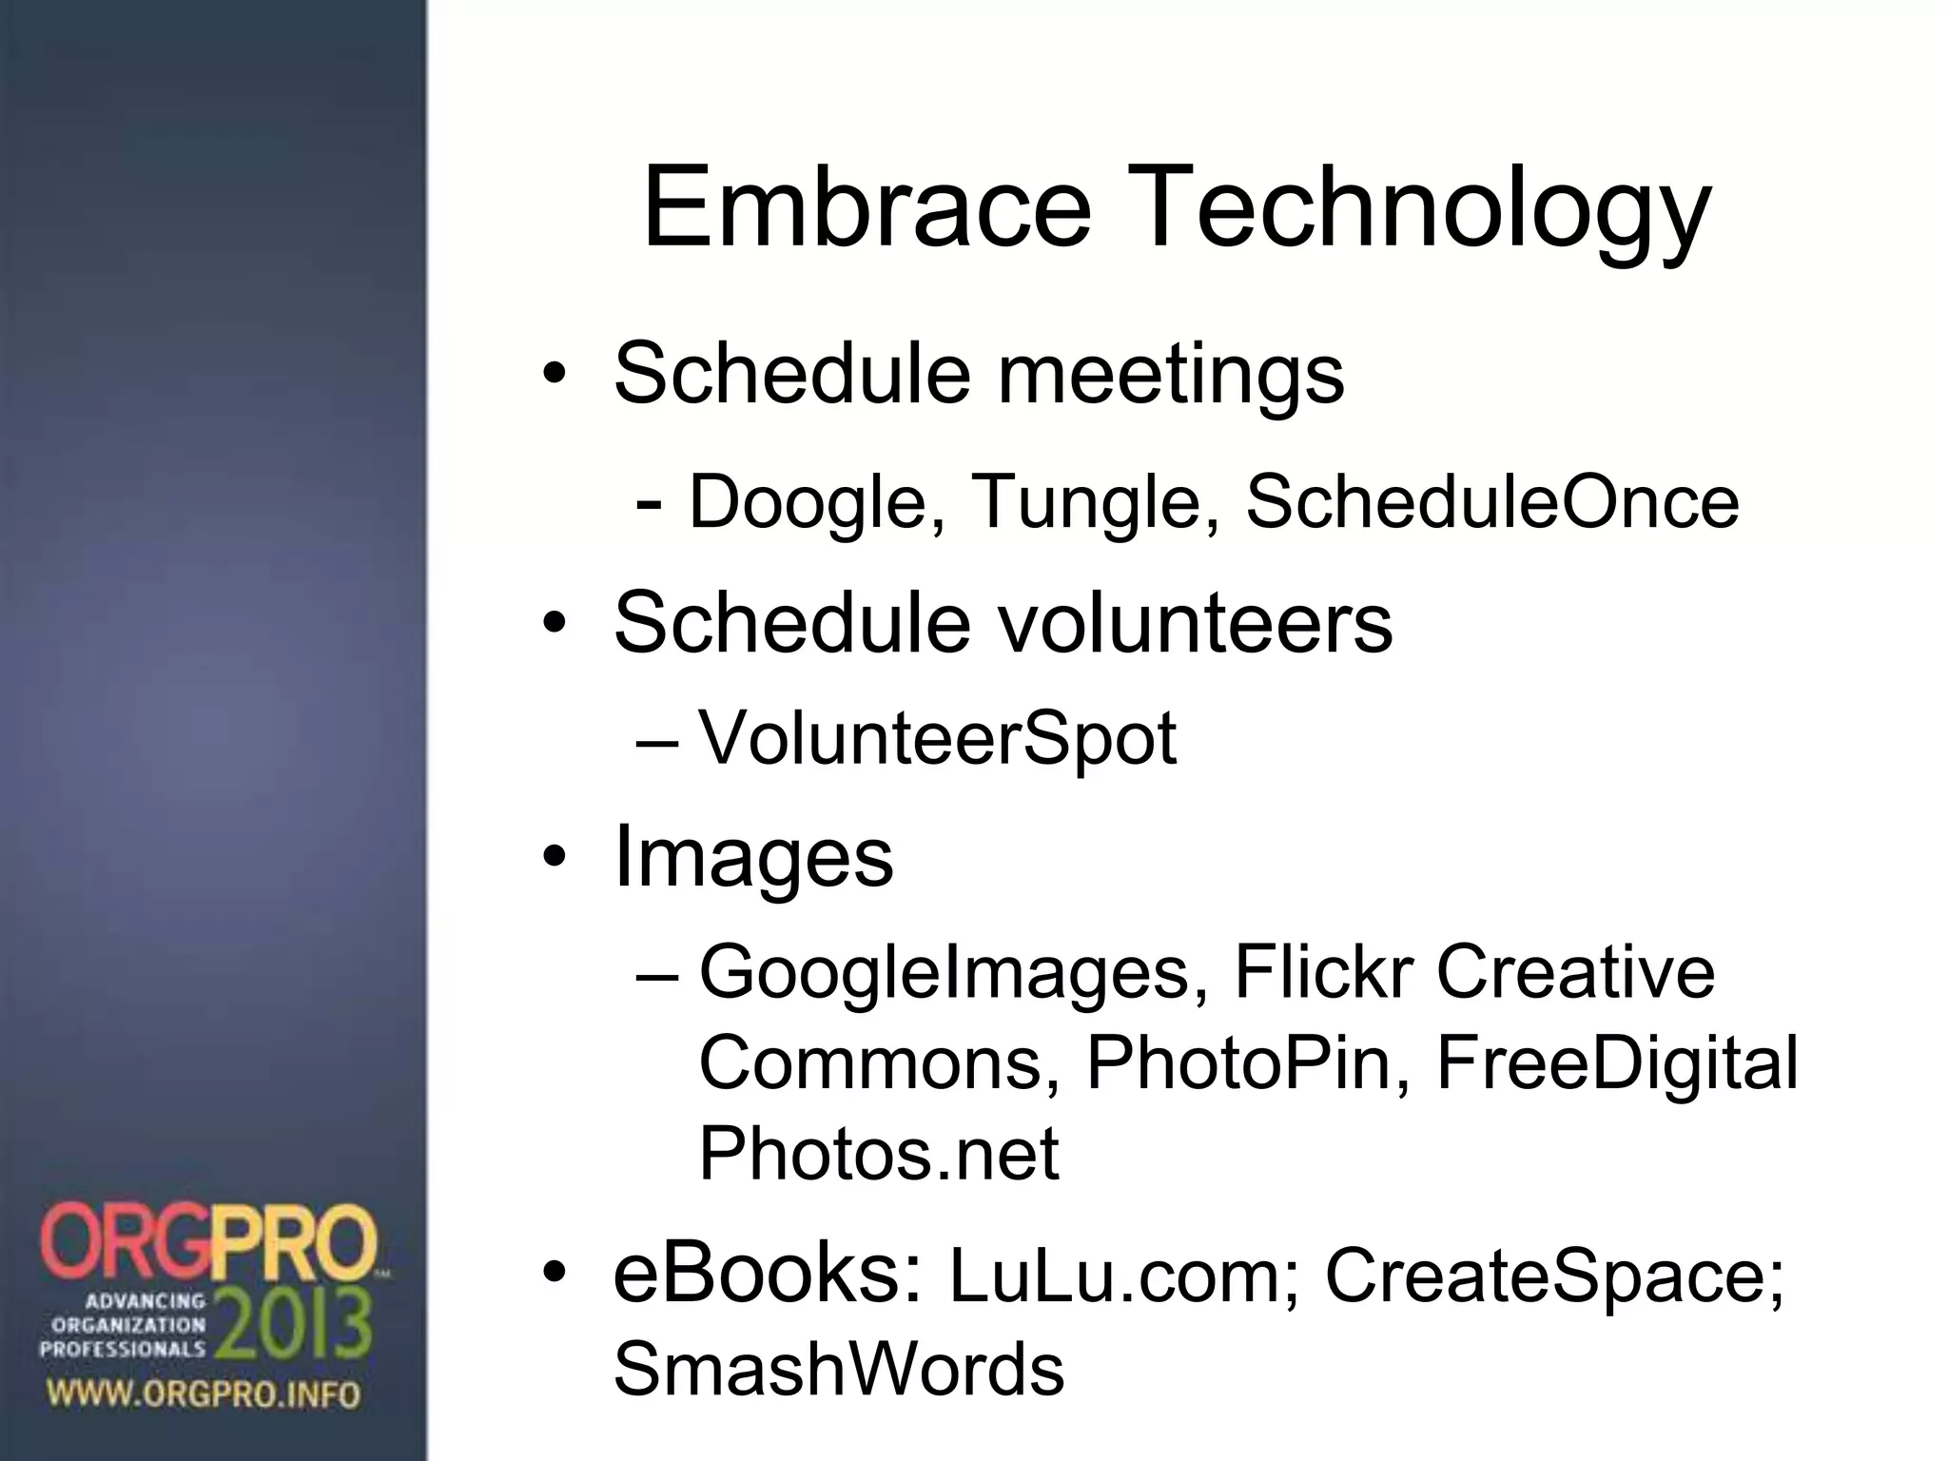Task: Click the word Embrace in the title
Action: [x=867, y=206]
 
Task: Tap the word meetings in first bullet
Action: [x=1170, y=375]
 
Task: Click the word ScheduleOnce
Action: [x=1492, y=501]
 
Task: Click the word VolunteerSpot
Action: [x=937, y=738]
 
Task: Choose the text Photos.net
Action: [x=878, y=1154]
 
